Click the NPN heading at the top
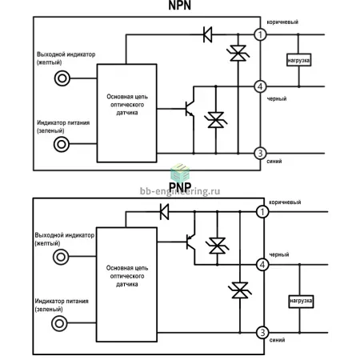(x=180, y=6)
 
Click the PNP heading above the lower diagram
(x=180, y=186)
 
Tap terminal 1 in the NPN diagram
(x=260, y=34)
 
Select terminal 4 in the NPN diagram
(x=260, y=86)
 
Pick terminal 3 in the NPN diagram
(x=260, y=154)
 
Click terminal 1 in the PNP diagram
(x=262, y=212)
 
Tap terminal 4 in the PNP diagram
(x=262, y=265)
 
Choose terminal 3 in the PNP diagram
(x=262, y=333)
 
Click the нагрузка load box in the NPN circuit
(x=298, y=60)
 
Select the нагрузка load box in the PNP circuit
(x=301, y=302)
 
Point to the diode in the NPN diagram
(x=208, y=34)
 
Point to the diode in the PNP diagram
(x=164, y=212)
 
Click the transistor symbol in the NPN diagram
(x=190, y=109)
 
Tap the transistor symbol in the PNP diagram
(x=190, y=242)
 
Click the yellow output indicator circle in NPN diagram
(x=62, y=78)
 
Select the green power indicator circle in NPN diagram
(x=62, y=144)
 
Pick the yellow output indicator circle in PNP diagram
(x=61, y=257)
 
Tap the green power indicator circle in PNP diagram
(x=59, y=323)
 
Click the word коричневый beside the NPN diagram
(x=282, y=22)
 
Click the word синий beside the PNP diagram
(x=277, y=340)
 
